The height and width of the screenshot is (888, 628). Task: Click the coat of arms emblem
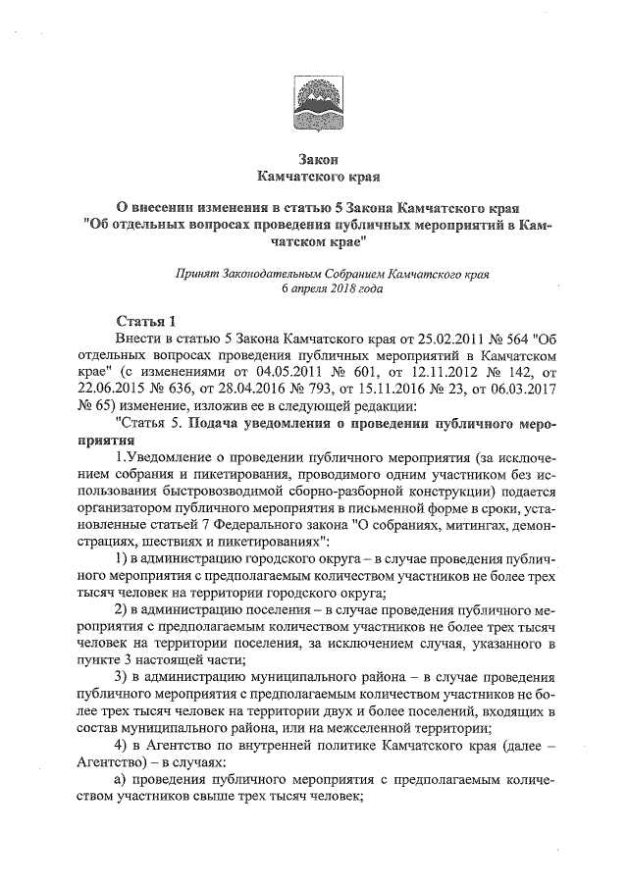(x=314, y=102)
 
